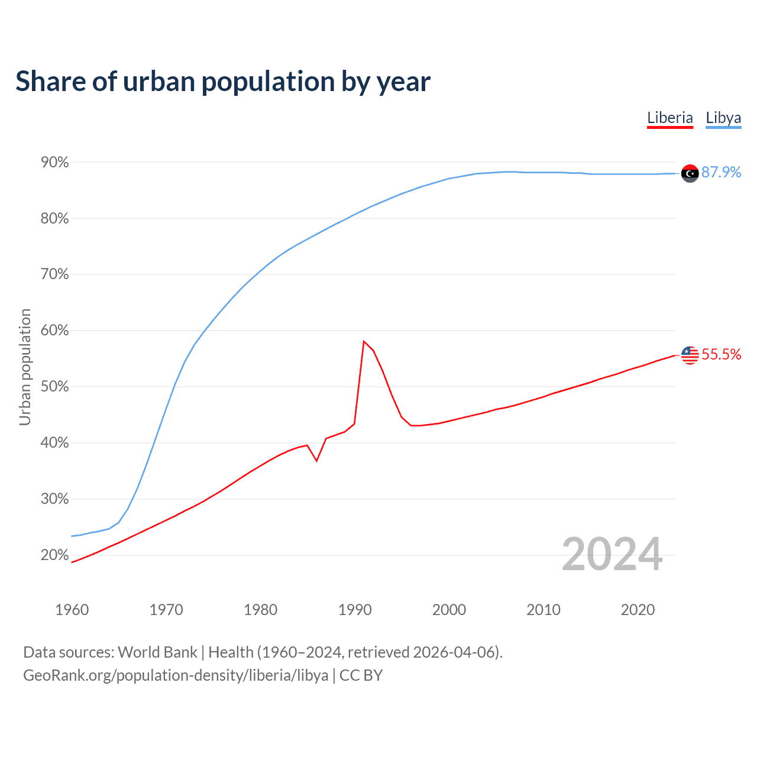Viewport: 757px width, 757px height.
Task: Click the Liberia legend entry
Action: point(669,118)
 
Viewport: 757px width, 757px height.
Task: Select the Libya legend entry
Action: point(723,118)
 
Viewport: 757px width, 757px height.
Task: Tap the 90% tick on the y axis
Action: point(55,163)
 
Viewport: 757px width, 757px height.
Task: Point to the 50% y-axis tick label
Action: point(55,387)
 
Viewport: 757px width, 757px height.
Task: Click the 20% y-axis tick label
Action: point(55,555)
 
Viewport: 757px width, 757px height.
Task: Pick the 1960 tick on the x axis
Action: point(72,610)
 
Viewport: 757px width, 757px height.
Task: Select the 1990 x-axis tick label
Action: point(355,610)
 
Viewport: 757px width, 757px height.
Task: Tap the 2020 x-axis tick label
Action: point(638,610)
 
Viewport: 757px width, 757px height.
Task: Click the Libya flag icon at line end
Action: point(690,173)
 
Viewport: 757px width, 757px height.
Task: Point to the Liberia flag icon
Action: point(690,355)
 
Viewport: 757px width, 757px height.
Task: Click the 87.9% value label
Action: point(721,172)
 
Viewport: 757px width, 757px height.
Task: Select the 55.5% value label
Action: point(721,354)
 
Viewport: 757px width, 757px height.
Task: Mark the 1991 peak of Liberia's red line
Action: point(364,341)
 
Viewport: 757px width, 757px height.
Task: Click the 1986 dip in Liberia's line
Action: point(317,461)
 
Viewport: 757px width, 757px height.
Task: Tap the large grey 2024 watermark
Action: point(612,554)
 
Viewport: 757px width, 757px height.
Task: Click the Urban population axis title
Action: point(25,367)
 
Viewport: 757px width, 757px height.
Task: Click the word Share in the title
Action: point(50,81)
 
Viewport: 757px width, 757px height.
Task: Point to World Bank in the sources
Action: point(157,652)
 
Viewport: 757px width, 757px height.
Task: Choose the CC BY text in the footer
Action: point(361,675)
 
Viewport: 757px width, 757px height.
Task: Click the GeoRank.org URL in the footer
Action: point(176,675)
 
